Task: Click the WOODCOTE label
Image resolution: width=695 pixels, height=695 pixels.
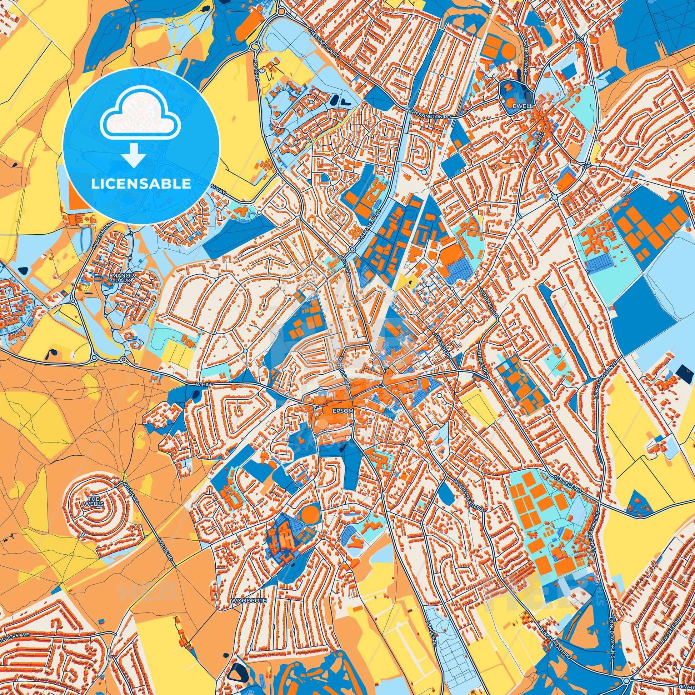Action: [243, 601]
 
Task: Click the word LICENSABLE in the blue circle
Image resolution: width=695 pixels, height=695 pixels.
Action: [141, 184]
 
